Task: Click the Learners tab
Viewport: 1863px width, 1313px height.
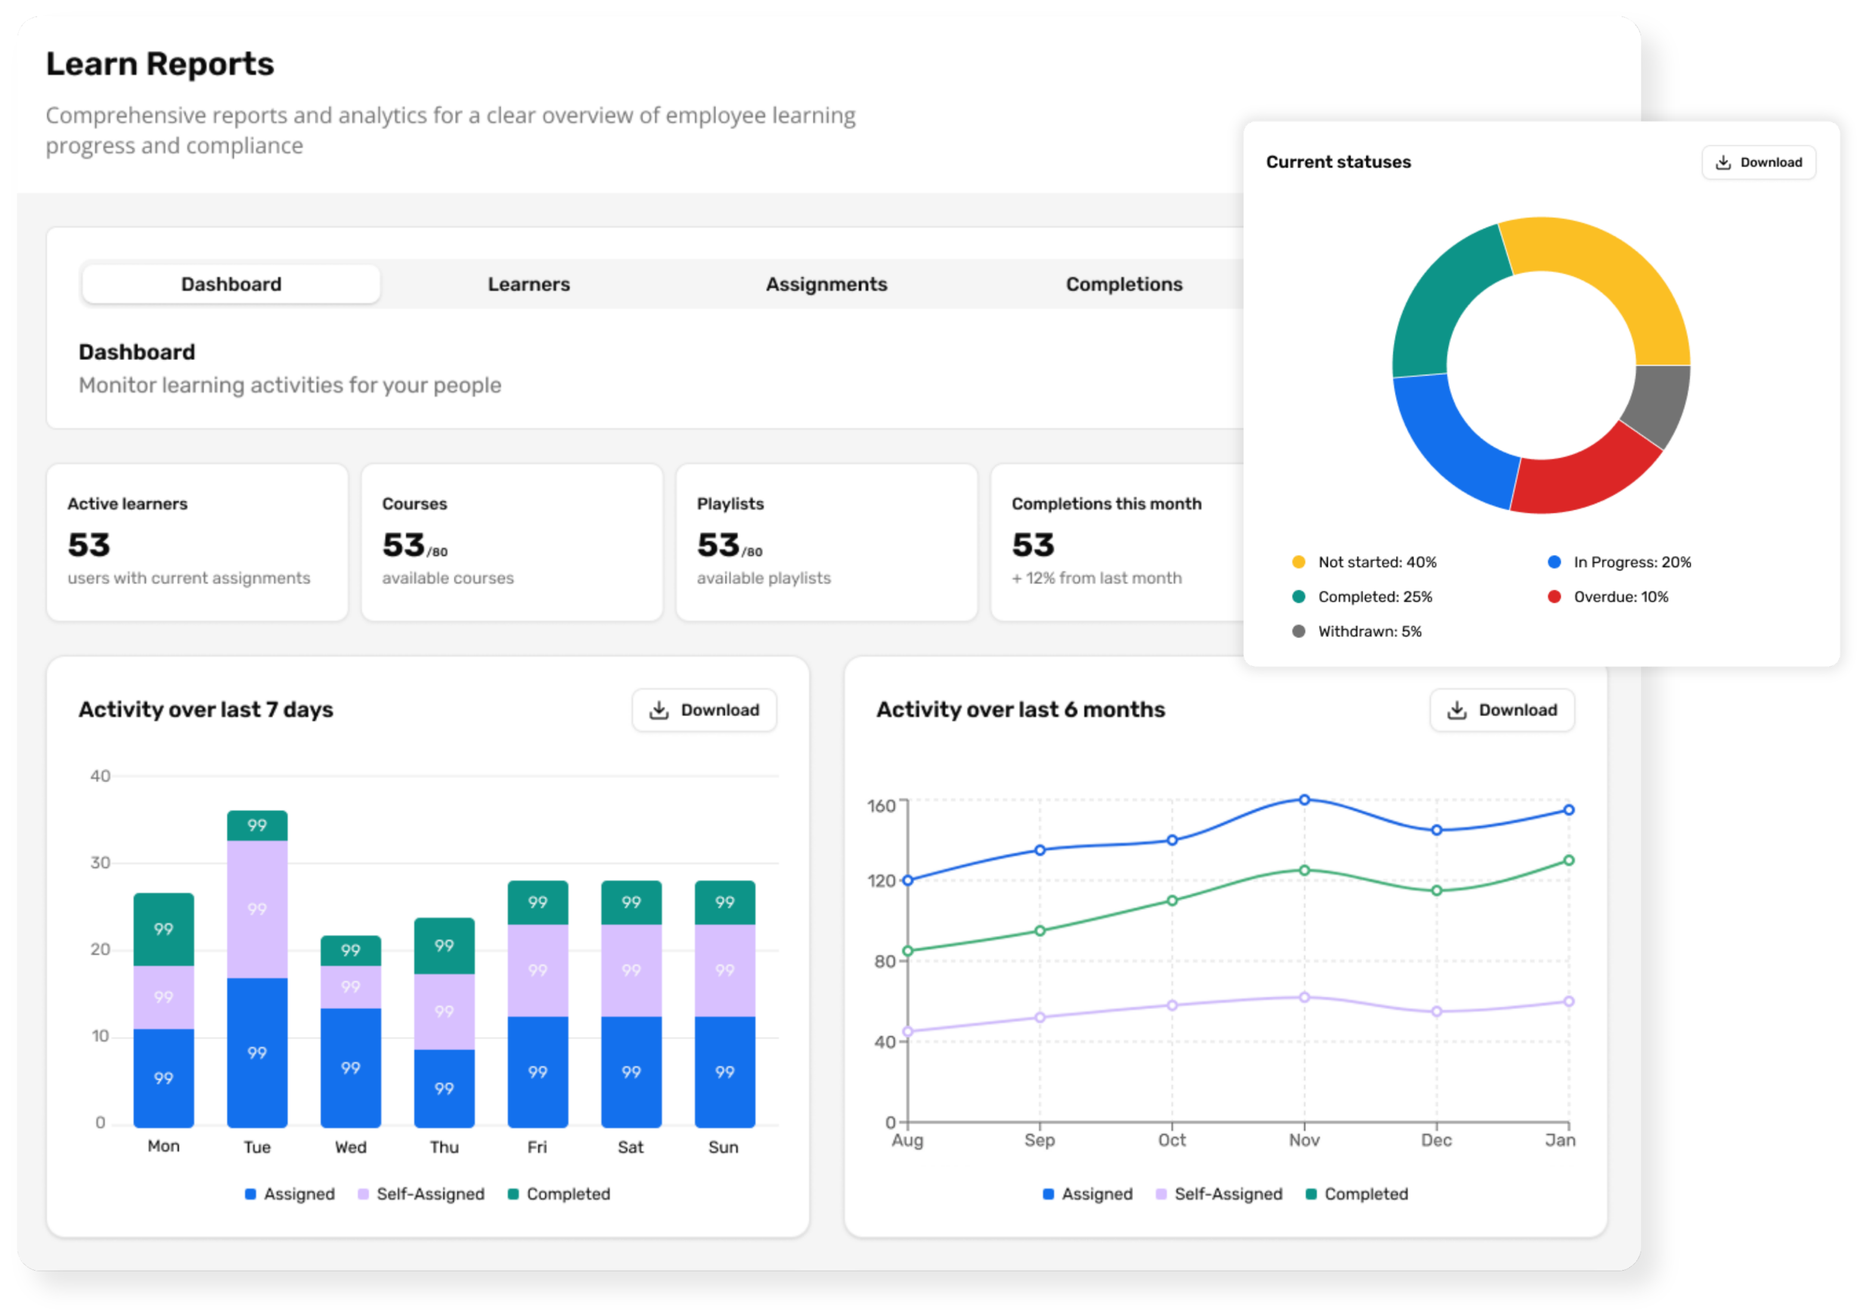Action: [528, 284]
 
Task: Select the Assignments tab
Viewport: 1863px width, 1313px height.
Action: [826, 284]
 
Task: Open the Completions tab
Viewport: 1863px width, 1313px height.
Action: [1124, 284]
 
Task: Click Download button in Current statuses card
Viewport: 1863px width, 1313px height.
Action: [1757, 162]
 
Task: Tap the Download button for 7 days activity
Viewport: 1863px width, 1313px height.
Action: [703, 710]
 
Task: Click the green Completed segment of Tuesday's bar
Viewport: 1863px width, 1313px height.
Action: [257, 824]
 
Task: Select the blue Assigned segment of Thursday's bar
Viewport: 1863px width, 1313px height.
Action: [444, 1088]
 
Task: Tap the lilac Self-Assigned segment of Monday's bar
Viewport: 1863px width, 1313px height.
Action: [164, 997]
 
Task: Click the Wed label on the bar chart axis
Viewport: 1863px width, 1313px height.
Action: [351, 1147]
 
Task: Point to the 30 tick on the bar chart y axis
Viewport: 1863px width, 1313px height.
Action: [100, 862]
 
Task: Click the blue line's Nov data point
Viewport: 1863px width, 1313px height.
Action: [1304, 799]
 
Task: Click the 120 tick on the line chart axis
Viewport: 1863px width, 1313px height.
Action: [881, 880]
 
